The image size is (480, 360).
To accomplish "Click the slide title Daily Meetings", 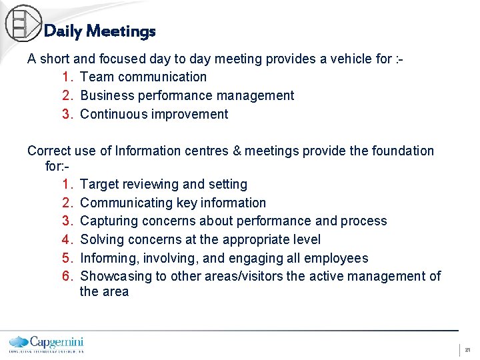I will (99, 31).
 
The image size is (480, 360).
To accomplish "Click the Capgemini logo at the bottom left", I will (46, 343).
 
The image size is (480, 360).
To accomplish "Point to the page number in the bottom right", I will (467, 349).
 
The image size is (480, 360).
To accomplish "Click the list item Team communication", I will (143, 77).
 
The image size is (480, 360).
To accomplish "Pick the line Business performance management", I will (187, 95).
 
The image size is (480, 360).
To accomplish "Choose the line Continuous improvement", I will (154, 114).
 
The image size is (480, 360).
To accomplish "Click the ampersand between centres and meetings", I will (237, 151).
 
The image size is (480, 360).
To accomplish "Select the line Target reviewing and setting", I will (163, 184).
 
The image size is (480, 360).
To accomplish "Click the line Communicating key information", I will (173, 203).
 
